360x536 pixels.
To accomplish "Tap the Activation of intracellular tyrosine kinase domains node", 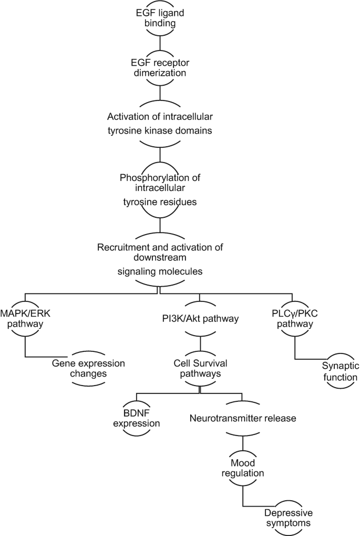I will (x=159, y=124).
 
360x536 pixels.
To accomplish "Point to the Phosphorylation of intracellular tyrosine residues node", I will (x=159, y=187).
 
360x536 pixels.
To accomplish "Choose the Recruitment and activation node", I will (x=159, y=259).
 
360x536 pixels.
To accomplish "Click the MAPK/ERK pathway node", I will (x=26, y=319).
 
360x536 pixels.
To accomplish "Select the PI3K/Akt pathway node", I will (x=199, y=318).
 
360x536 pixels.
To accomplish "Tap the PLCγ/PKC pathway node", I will (x=295, y=319).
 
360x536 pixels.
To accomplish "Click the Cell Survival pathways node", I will (x=199, y=368).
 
